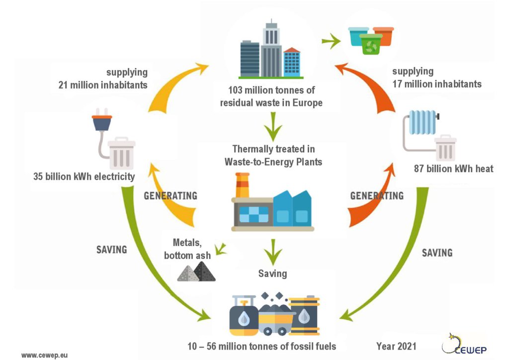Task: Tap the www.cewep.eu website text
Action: [44, 355]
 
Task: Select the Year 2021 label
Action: [396, 347]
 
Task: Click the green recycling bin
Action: [371, 44]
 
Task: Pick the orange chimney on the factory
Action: [242, 185]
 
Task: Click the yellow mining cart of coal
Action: [276, 320]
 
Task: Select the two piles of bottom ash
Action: [196, 271]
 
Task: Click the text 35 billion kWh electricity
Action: [84, 177]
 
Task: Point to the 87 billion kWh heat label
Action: [453, 169]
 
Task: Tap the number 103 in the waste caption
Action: [235, 90]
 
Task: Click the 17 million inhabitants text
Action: [437, 84]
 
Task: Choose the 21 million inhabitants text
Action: [103, 85]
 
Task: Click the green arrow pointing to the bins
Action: [331, 41]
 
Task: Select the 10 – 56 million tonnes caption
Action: [261, 347]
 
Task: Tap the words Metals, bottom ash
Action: [187, 249]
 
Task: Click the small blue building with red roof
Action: [292, 62]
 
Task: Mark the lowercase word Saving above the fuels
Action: [273, 273]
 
